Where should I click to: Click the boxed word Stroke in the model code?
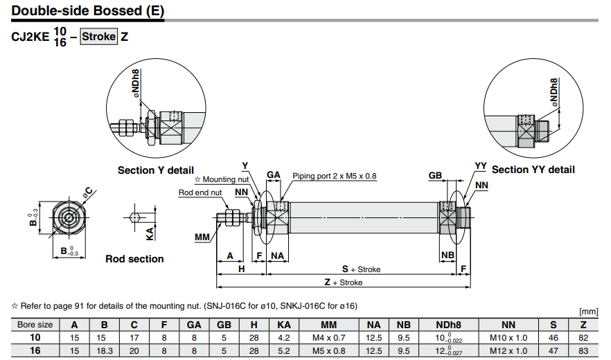pos(99,37)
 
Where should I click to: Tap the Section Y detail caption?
pos(155,170)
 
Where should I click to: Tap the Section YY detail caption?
pos(533,170)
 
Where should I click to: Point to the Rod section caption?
pos(134,259)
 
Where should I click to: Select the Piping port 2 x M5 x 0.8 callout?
pos(334,177)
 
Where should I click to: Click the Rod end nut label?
pos(200,192)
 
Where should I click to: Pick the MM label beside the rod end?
pos(202,237)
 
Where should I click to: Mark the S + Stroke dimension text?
pos(361,269)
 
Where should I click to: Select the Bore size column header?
pos(35,324)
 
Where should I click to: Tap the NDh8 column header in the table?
pos(448,324)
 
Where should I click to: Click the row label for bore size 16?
pos(35,351)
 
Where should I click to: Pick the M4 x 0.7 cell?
pos(328,337)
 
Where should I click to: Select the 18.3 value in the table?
pos(104,351)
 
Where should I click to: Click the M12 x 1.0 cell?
pos(508,351)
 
